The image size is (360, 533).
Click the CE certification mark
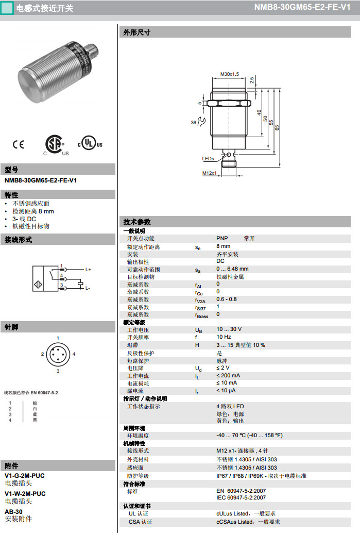click(x=19, y=144)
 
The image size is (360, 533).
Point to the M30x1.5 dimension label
click(x=229, y=74)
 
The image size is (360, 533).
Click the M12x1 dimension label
click(x=209, y=173)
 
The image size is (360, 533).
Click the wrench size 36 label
click(x=194, y=123)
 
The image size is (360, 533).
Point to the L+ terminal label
click(x=88, y=270)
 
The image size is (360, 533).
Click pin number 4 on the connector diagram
click(x=74, y=354)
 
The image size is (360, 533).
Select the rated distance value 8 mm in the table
click(x=223, y=246)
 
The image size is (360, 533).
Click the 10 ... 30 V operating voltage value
click(x=229, y=329)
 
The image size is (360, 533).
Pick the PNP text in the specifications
click(x=222, y=239)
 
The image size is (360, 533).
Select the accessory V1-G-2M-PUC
click(x=25, y=476)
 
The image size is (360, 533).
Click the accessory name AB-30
click(x=13, y=511)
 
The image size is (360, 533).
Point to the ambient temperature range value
click(x=249, y=435)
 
